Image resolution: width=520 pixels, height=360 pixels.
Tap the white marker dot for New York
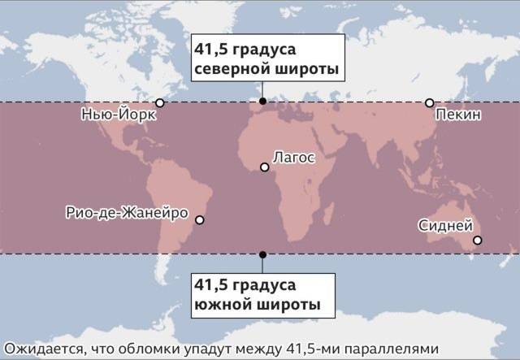[160, 102]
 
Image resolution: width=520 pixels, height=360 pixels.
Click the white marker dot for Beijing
[429, 102]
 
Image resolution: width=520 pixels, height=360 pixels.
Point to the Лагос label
[293, 156]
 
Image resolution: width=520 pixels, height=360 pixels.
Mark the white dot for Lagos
[264, 167]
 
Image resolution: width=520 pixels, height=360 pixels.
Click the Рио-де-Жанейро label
[127, 213]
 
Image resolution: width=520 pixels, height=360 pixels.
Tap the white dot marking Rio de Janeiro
[201, 219]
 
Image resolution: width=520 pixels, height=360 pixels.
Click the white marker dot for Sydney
[478, 240]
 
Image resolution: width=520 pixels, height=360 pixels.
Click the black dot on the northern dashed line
[262, 102]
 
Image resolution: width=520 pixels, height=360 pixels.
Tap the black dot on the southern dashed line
[262, 254]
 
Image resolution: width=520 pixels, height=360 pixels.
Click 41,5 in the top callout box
[209, 47]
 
